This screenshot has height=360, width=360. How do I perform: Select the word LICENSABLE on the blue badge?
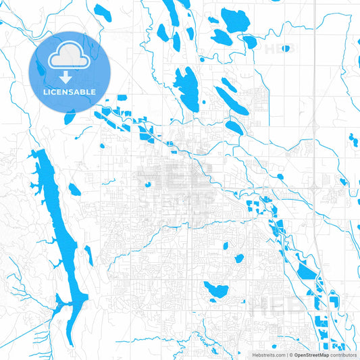coord(70,93)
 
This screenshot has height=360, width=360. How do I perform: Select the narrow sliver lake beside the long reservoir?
coord(88,255)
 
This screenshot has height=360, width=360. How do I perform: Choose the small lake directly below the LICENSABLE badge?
coord(70,117)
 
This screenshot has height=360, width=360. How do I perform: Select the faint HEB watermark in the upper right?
coord(280,49)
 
